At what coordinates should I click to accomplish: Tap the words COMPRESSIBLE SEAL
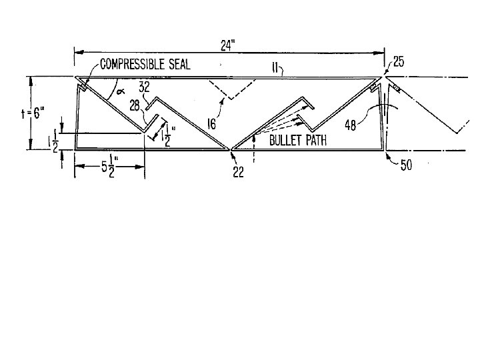pos(145,65)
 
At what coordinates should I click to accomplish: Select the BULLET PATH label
pos(297,141)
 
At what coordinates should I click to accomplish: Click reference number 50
pos(405,165)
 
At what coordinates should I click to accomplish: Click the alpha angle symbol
pos(122,92)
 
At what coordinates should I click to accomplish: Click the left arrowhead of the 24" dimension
pos(75,51)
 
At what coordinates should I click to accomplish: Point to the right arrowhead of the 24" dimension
pos(383,51)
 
